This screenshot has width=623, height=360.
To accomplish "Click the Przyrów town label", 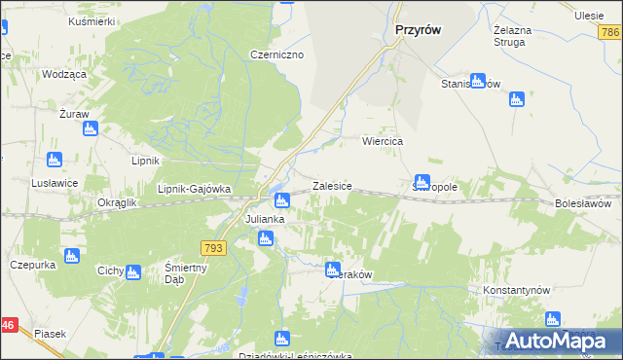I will pos(420,30).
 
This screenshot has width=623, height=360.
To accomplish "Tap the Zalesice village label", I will pos(331,185).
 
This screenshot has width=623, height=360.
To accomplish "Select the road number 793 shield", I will pos(214,249).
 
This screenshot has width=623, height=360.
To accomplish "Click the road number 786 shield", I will pos(610,33).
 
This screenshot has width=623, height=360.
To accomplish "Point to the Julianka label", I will pos(264,219).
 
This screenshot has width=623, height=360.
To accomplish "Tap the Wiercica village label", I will pos(383,141).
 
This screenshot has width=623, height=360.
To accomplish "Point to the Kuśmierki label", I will pos(92,20).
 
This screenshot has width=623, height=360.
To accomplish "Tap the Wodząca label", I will pos(64,74).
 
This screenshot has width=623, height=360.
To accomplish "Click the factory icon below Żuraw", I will pos(90,128).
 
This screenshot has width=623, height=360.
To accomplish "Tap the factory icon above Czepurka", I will pos(70,256).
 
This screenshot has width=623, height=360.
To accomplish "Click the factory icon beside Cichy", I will pos(133,271).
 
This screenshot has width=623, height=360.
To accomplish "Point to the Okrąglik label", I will pos(117,202).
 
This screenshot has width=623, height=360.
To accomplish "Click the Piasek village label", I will pos(50,334).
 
